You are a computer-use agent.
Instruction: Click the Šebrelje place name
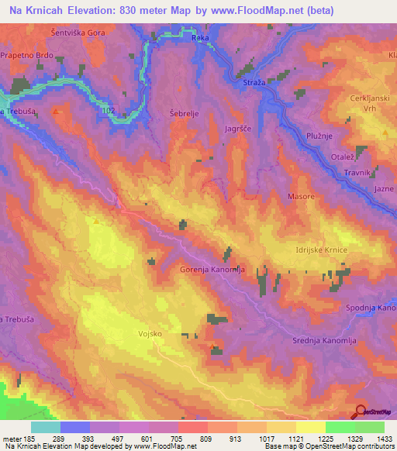click(183, 113)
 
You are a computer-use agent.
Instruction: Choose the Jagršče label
click(238, 129)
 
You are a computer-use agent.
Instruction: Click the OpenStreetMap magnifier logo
click(359, 411)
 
